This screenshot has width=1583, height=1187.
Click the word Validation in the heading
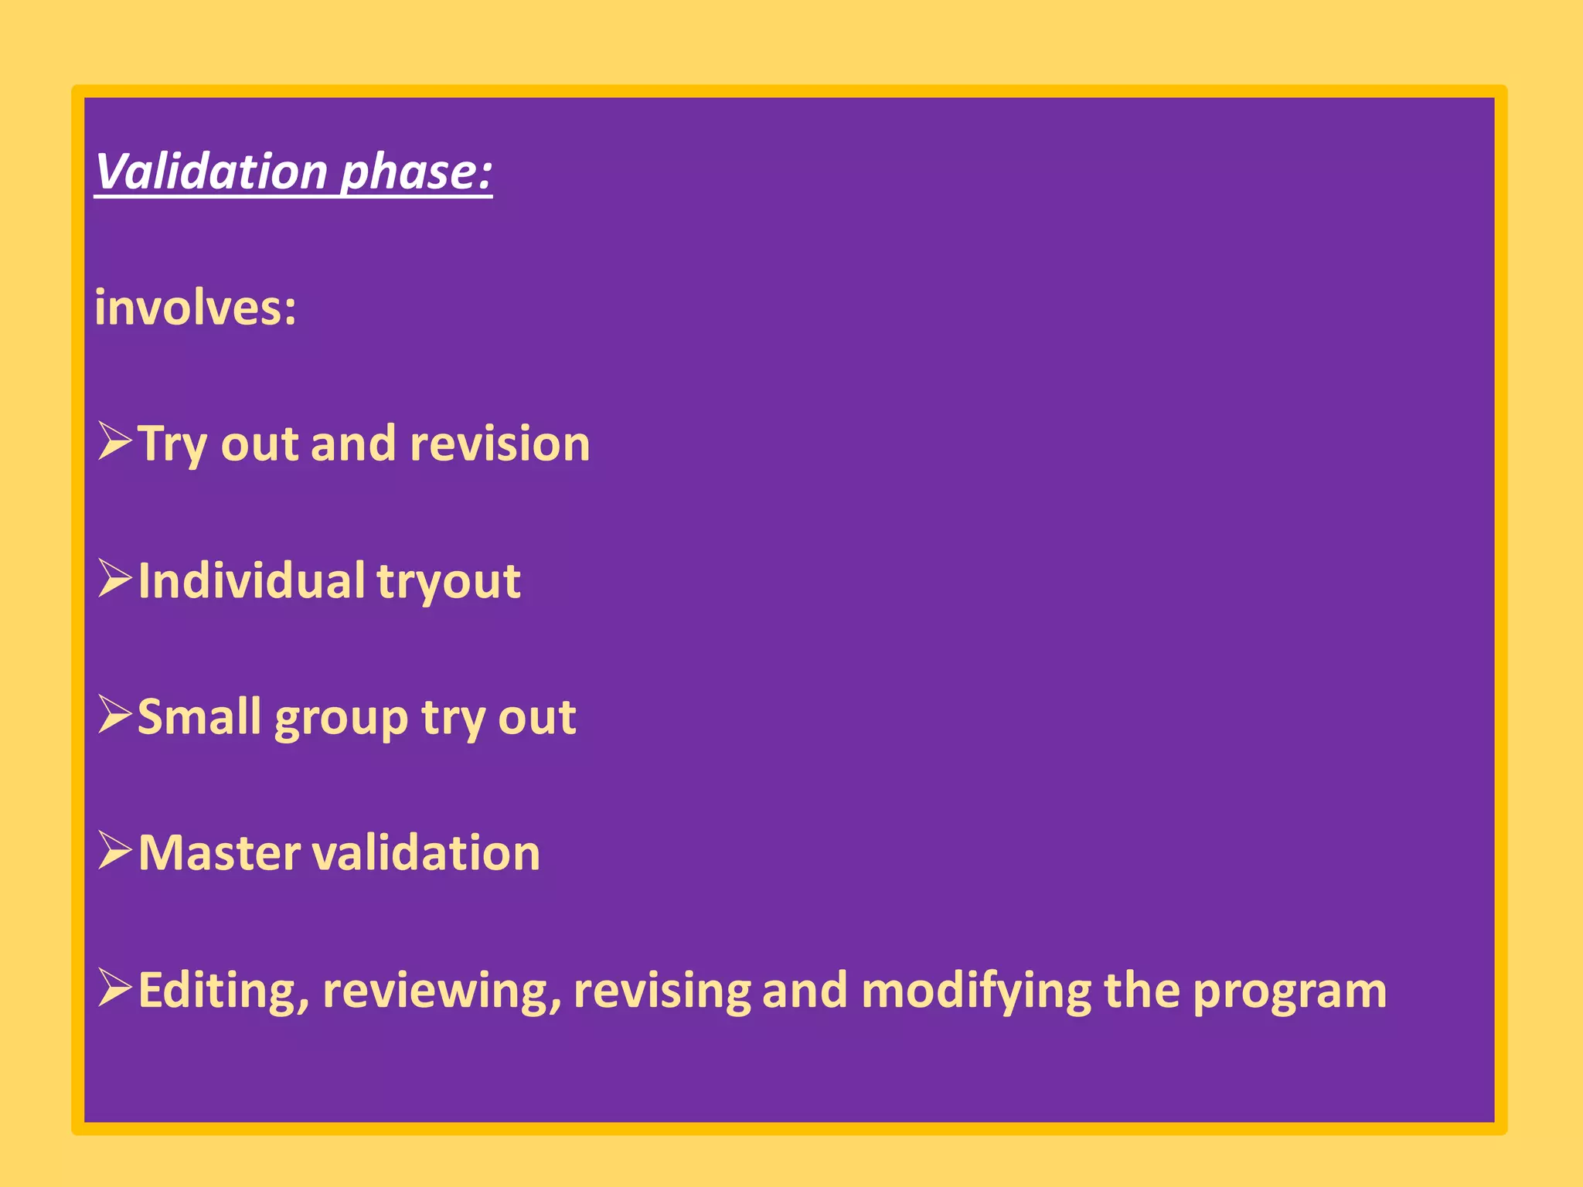[x=211, y=171]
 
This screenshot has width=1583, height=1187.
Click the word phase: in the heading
[x=416, y=171]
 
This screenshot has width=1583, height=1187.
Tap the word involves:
[x=195, y=308]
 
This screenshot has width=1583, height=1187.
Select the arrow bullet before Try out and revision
[x=115, y=442]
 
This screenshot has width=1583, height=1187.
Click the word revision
[x=499, y=444]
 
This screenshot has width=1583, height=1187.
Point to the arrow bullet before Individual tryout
[x=115, y=579]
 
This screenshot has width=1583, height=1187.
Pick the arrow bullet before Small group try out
[x=115, y=715]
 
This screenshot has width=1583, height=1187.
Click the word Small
[x=199, y=717]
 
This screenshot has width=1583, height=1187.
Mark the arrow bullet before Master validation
[x=115, y=852]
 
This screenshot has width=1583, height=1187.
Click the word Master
[x=220, y=853]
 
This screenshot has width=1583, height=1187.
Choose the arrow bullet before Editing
[x=115, y=988]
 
